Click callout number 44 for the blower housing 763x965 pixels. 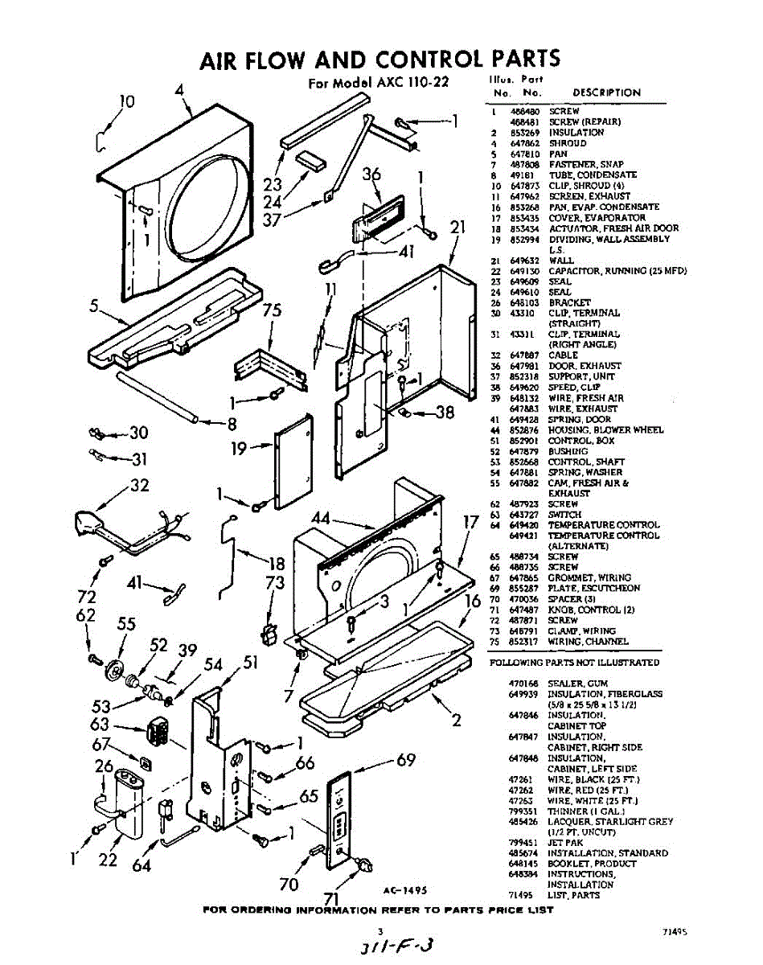321,519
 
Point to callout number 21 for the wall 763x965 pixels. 457,228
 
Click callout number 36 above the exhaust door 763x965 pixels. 371,175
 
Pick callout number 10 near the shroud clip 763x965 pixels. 127,102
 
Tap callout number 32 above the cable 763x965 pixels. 139,486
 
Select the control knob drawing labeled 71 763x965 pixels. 363,864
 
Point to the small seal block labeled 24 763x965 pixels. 309,158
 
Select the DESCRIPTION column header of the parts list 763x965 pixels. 606,93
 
